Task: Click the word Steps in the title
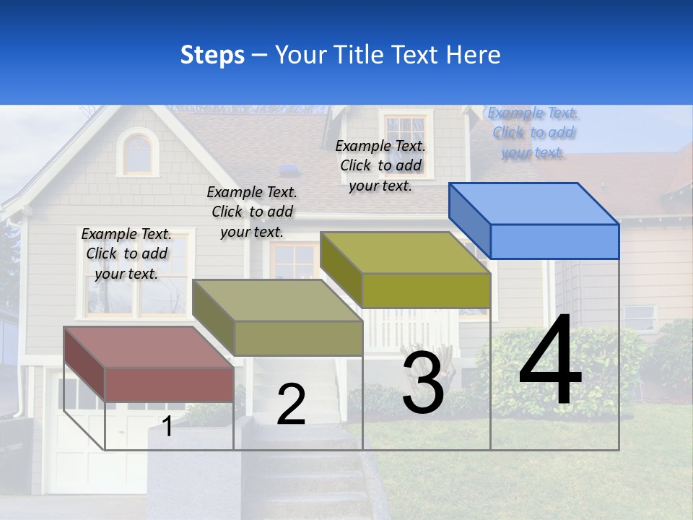click(x=212, y=55)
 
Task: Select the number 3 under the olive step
click(x=423, y=383)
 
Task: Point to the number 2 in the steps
click(x=291, y=404)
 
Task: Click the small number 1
click(x=167, y=426)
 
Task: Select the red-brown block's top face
click(x=149, y=347)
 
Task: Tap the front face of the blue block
click(x=554, y=241)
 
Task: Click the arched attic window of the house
click(x=138, y=154)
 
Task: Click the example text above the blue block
click(x=533, y=133)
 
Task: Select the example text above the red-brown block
click(x=126, y=253)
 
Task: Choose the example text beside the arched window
click(x=252, y=212)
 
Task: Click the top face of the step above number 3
click(x=405, y=253)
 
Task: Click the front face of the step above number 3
click(x=426, y=291)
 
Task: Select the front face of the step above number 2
click(x=298, y=339)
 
